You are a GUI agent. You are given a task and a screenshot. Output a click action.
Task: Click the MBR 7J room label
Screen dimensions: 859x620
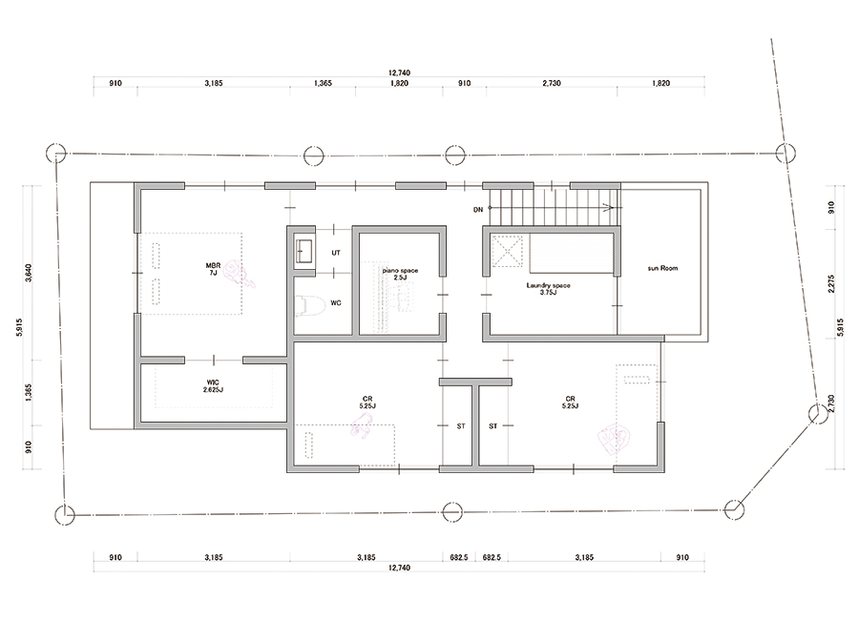pyautogui.click(x=213, y=269)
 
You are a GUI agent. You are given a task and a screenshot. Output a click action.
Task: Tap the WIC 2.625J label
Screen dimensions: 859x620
pyautogui.click(x=213, y=385)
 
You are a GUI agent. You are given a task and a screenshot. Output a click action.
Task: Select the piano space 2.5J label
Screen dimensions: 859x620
pyautogui.click(x=400, y=274)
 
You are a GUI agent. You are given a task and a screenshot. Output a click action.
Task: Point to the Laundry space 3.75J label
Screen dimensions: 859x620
pyautogui.click(x=549, y=289)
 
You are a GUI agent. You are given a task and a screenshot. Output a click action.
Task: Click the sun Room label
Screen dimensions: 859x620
pyautogui.click(x=662, y=268)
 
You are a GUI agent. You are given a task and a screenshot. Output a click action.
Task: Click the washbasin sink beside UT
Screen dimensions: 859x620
pyautogui.click(x=304, y=252)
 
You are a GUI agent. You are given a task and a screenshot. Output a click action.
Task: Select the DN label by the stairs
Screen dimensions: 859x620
pyautogui.click(x=478, y=210)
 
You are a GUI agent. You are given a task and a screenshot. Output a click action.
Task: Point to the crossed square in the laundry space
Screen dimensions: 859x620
pyautogui.click(x=507, y=251)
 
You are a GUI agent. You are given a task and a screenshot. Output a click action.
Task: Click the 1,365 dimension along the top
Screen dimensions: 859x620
pyautogui.click(x=323, y=83)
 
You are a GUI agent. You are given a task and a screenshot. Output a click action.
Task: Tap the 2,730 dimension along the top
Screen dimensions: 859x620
pyautogui.click(x=552, y=83)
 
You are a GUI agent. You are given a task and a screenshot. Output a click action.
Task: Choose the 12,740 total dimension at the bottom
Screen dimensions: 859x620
pyautogui.click(x=399, y=568)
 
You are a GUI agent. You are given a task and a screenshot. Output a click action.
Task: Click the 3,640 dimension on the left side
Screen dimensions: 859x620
pyautogui.click(x=29, y=273)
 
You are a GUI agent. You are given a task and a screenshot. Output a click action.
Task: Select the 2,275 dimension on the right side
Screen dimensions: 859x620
pyautogui.click(x=831, y=283)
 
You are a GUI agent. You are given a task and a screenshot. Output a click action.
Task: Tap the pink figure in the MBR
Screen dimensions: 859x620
pyautogui.click(x=241, y=274)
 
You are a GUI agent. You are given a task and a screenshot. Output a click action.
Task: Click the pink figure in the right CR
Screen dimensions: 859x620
pyautogui.click(x=614, y=438)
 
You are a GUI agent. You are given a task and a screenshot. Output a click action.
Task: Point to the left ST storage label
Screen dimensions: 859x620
pyautogui.click(x=461, y=426)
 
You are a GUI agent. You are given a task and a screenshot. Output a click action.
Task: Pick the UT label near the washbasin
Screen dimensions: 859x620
pyautogui.click(x=336, y=253)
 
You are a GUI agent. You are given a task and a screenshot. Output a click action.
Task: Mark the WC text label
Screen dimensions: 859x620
pyautogui.click(x=336, y=303)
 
